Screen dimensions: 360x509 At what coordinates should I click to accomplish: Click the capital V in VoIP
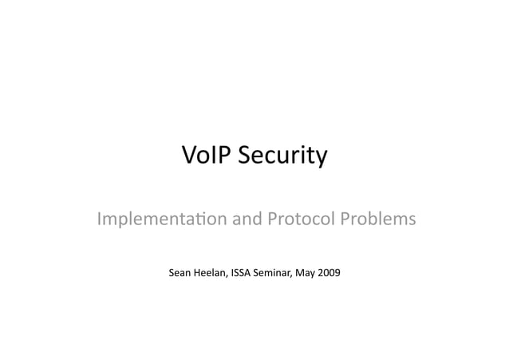tap(191, 155)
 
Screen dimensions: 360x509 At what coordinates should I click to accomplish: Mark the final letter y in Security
tap(321, 158)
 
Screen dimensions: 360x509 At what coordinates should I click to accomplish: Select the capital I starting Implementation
tap(99, 217)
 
